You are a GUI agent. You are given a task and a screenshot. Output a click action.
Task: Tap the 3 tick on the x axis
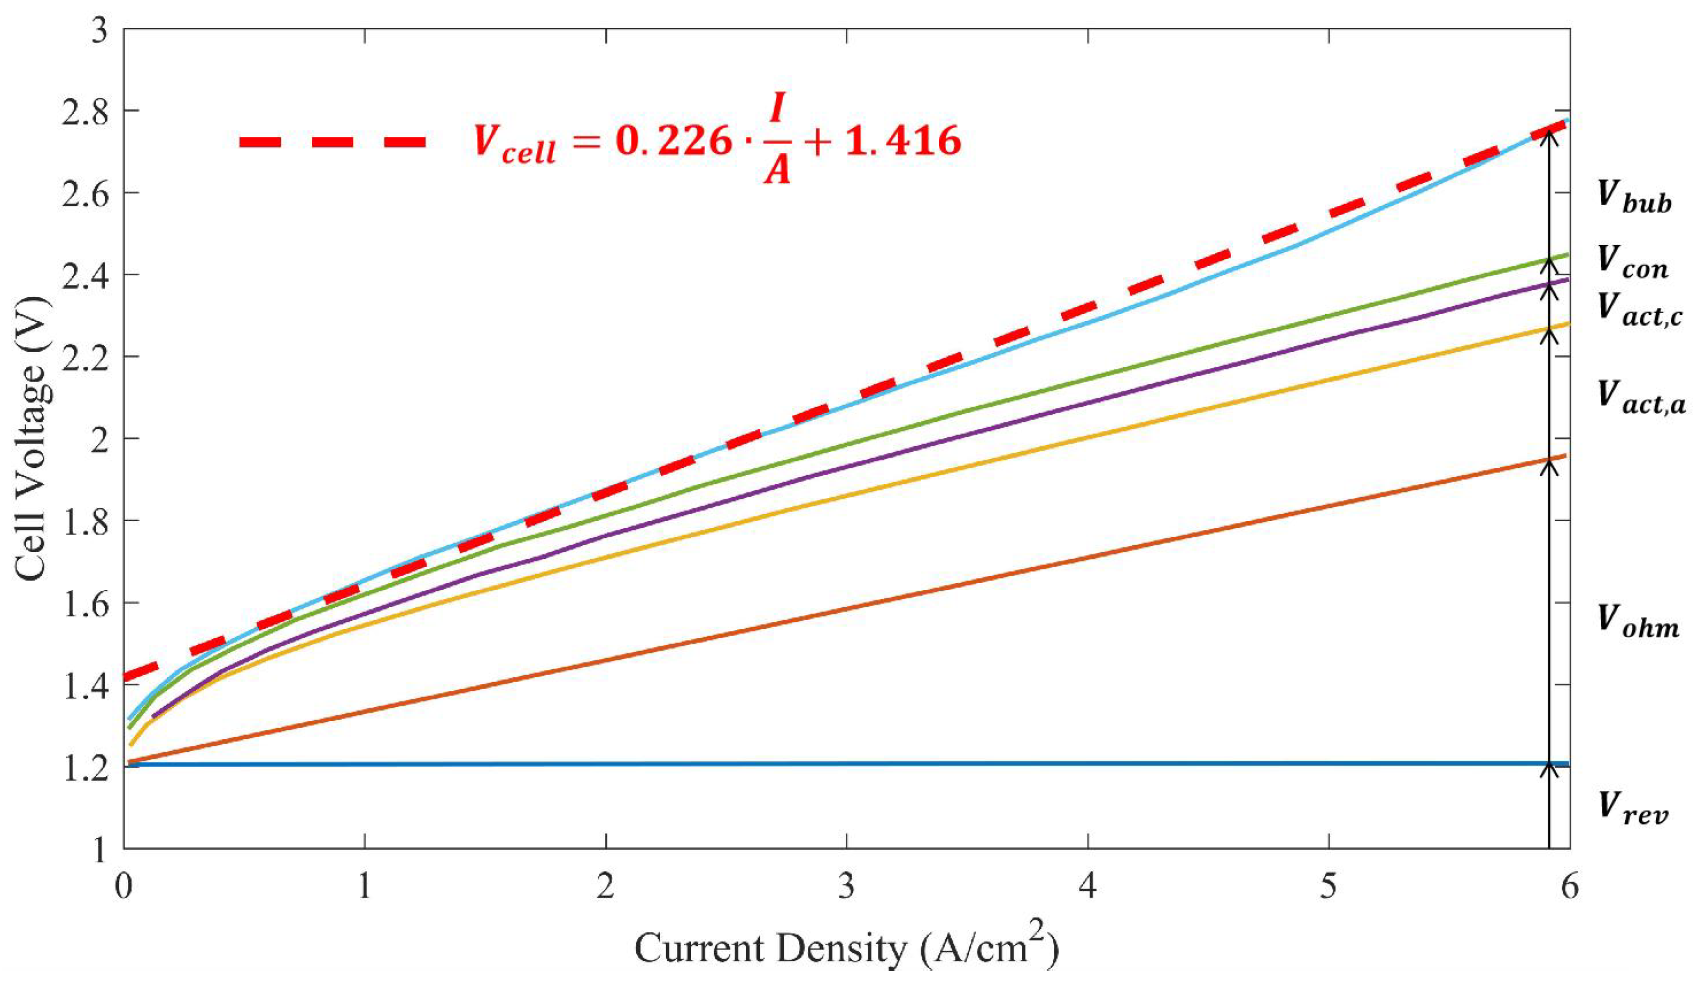[847, 887]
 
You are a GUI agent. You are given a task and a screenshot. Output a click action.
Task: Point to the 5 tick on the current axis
[1328, 887]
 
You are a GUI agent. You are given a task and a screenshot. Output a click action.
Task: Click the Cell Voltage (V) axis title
[32, 438]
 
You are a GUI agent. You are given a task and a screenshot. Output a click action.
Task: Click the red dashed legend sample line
[333, 142]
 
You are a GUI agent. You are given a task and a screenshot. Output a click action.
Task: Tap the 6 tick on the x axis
[1569, 887]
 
